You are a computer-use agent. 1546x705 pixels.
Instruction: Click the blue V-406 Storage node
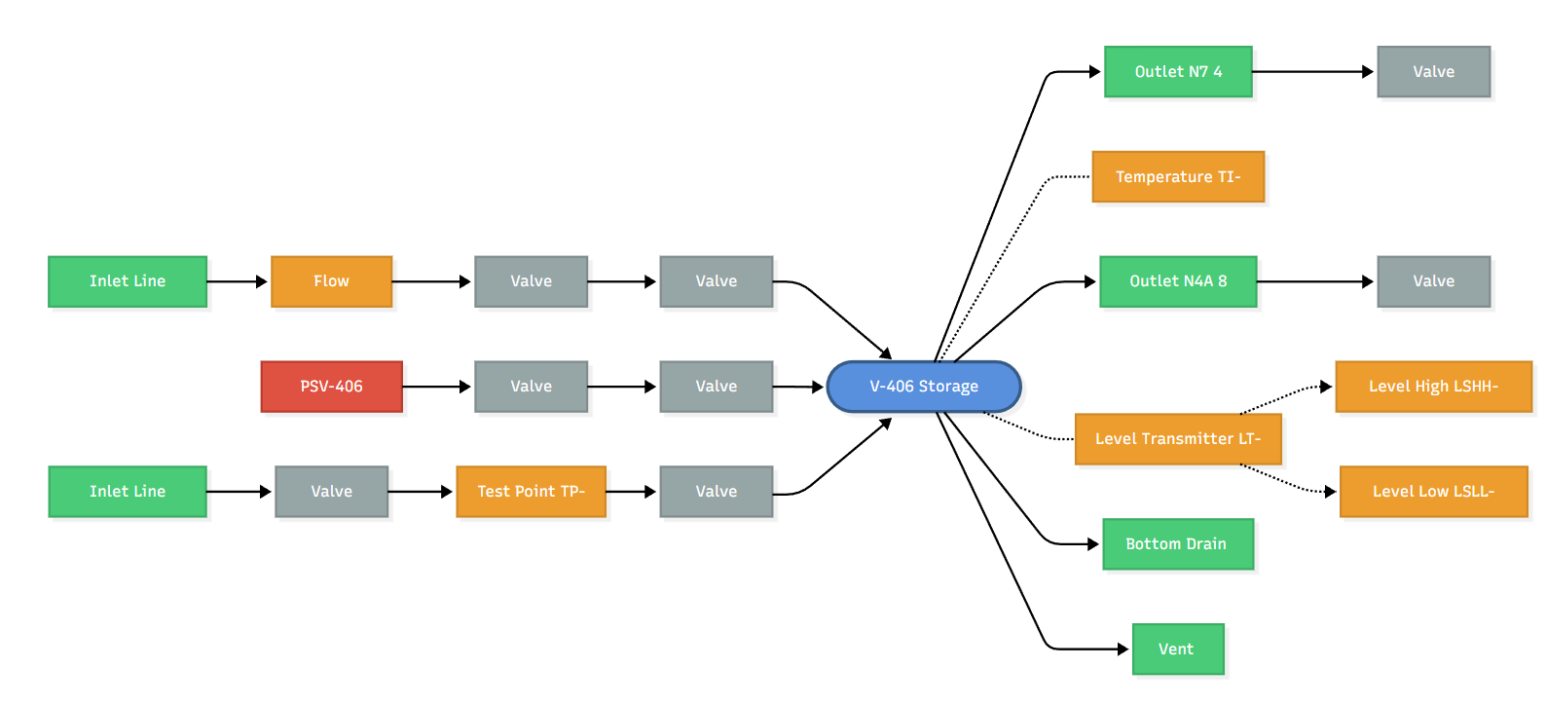point(923,387)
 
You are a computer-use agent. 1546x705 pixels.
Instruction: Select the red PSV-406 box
point(331,387)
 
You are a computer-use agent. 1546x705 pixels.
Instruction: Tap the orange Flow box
point(331,281)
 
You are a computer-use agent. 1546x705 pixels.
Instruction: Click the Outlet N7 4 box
point(1177,72)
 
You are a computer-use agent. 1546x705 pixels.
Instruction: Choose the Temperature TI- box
point(1177,177)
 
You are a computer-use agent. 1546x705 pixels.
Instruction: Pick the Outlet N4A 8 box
point(1177,281)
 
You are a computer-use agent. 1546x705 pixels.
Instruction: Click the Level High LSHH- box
point(1432,387)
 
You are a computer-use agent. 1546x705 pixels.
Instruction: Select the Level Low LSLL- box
point(1432,492)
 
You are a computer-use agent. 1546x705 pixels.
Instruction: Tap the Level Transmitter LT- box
point(1177,439)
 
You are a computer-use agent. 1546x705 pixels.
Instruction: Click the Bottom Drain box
point(1177,544)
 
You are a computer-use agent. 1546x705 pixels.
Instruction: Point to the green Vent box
point(1177,649)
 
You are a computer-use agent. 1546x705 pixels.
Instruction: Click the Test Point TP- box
point(531,492)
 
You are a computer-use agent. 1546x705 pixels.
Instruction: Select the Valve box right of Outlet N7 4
point(1433,72)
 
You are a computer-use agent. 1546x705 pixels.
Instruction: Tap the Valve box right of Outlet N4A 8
point(1433,281)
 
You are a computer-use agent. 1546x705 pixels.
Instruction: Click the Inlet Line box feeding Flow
point(128,281)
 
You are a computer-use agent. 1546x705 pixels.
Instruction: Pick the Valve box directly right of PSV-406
point(531,387)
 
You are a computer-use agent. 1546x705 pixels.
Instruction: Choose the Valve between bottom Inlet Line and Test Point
point(331,492)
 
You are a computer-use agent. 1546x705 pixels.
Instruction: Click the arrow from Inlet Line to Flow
point(238,281)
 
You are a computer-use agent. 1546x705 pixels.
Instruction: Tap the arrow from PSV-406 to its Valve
point(436,387)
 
